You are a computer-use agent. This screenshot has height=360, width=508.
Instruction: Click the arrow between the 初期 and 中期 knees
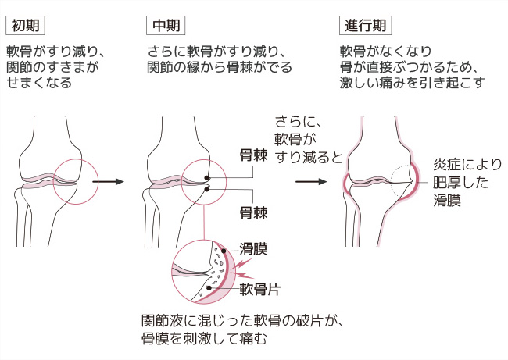coord(108,181)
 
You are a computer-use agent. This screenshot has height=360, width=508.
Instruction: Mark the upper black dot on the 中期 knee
coord(207,176)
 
